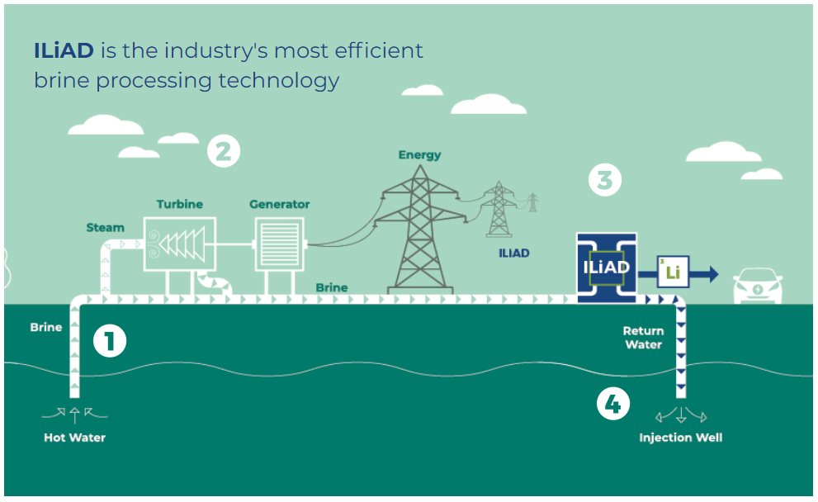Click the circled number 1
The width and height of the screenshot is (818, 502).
click(x=110, y=341)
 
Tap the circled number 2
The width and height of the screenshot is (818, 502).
click(x=224, y=151)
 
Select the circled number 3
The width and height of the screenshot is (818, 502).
click(x=605, y=180)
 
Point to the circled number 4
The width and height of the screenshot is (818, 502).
click(x=613, y=404)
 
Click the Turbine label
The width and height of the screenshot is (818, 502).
click(x=180, y=204)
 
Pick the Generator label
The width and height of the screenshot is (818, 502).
click(x=280, y=204)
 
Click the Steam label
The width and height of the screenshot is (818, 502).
click(x=106, y=228)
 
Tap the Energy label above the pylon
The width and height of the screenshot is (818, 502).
click(x=420, y=155)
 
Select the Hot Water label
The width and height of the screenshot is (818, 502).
click(x=74, y=438)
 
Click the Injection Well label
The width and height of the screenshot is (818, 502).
click(x=681, y=438)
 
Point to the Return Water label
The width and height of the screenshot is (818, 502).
click(x=644, y=338)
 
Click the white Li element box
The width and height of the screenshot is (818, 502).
click(x=673, y=272)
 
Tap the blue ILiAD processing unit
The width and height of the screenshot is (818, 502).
click(x=606, y=268)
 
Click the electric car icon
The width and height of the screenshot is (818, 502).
click(x=758, y=286)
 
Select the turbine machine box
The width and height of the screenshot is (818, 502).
click(x=179, y=244)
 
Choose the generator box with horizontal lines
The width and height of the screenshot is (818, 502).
click(x=279, y=244)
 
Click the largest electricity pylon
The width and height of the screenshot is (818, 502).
click(x=420, y=230)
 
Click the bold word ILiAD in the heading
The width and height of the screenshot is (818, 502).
click(x=64, y=50)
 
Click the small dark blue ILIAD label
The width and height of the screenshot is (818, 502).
click(x=514, y=253)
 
